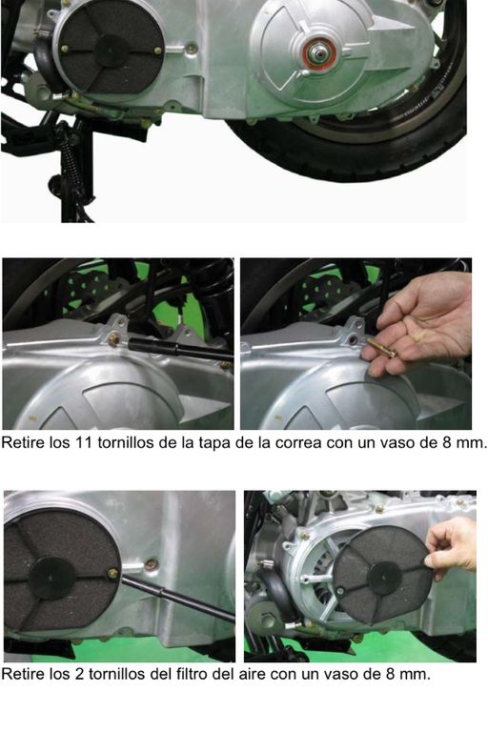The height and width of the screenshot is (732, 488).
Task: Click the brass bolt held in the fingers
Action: [x=380, y=347]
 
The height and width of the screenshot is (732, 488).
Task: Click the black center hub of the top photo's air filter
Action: [x=112, y=51]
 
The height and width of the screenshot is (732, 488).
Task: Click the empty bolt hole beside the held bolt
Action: [x=354, y=340]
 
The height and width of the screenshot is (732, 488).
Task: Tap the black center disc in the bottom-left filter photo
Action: [x=52, y=578]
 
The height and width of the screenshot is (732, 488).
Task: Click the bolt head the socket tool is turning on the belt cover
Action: [x=113, y=339]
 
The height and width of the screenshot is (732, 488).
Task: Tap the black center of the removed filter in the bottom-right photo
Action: [x=384, y=578]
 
